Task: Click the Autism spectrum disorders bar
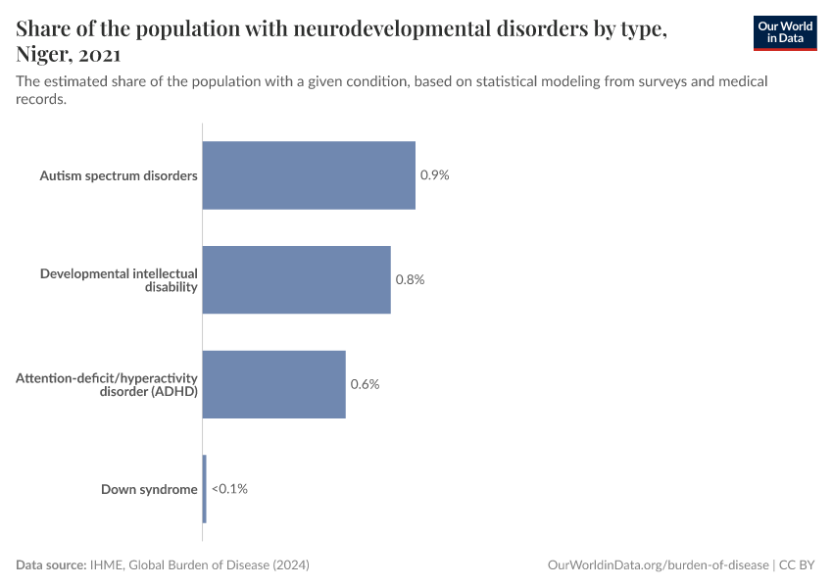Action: click(x=309, y=175)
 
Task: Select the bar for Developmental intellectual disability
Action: click(x=296, y=279)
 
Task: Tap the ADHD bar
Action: click(x=273, y=384)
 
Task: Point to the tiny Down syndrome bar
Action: click(x=204, y=488)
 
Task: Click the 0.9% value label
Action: click(x=434, y=175)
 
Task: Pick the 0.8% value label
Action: click(x=410, y=279)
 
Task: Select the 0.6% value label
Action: click(x=365, y=384)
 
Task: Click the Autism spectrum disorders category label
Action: click(x=119, y=175)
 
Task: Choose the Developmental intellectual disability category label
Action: click(x=119, y=279)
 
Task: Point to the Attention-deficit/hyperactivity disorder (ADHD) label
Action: click(x=107, y=384)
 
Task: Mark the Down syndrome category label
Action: click(x=149, y=488)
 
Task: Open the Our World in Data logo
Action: click(x=784, y=32)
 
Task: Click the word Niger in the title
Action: click(x=42, y=55)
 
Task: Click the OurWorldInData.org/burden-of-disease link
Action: click(x=657, y=565)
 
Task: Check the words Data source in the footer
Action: click(x=50, y=565)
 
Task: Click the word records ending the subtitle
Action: click(x=41, y=99)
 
